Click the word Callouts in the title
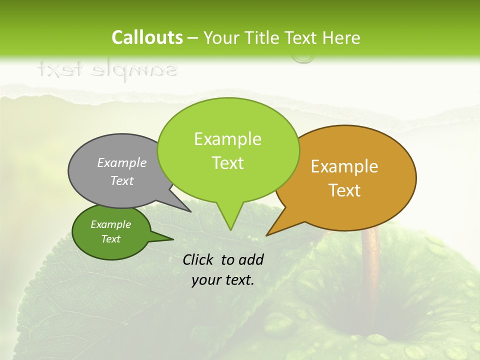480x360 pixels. [x=147, y=37]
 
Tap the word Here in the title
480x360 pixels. [x=341, y=37]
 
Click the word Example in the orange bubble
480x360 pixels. [x=344, y=166]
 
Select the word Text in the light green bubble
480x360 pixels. [x=228, y=163]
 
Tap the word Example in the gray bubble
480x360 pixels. [x=122, y=162]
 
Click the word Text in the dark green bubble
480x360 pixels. [x=111, y=239]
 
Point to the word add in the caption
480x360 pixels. [x=251, y=259]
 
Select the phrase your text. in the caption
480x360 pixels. [x=223, y=280]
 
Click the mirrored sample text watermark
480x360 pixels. [x=107, y=70]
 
